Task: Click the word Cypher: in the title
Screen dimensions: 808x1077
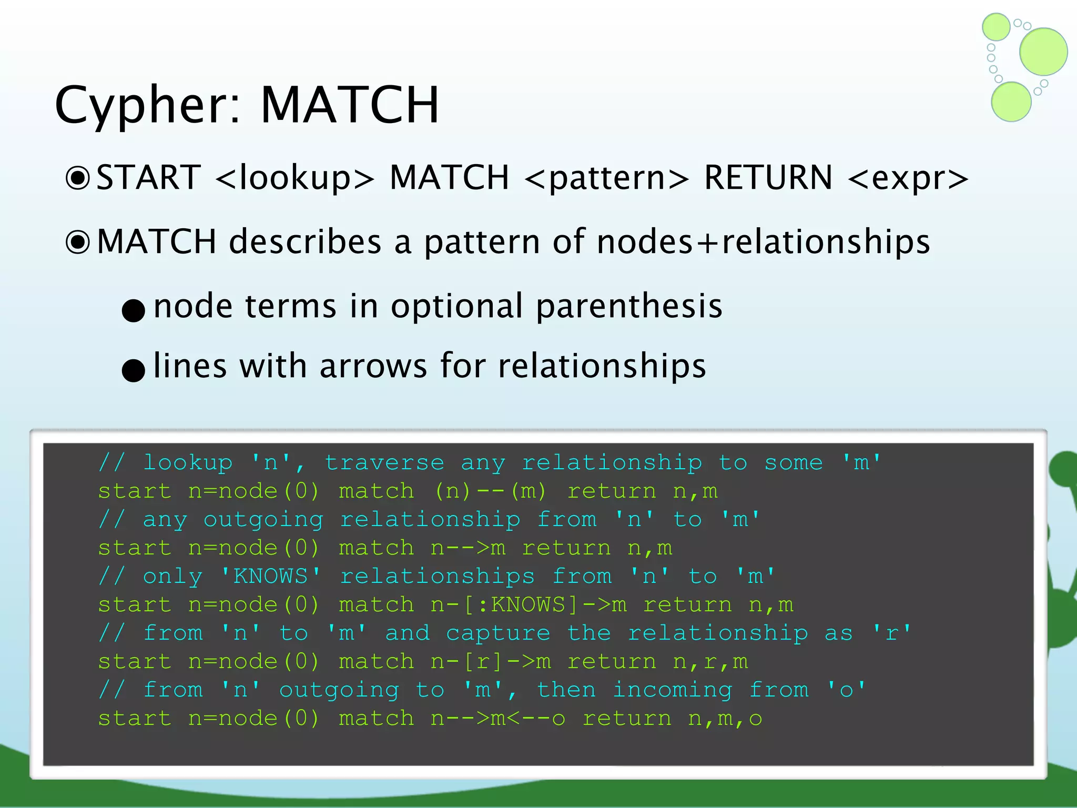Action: pyautogui.click(x=148, y=105)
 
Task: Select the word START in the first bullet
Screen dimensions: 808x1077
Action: pyautogui.click(x=149, y=177)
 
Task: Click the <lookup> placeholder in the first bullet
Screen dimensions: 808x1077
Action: pyautogui.click(x=295, y=178)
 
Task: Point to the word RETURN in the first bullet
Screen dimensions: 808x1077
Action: pyautogui.click(x=768, y=177)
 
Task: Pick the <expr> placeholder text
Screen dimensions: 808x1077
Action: pyautogui.click(x=908, y=178)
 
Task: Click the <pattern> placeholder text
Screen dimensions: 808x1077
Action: pyautogui.click(x=606, y=178)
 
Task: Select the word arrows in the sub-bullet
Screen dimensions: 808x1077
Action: pyautogui.click(x=373, y=366)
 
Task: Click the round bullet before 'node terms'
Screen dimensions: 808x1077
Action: pyautogui.click(x=133, y=310)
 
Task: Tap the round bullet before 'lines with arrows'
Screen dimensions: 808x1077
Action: pyautogui.click(x=133, y=370)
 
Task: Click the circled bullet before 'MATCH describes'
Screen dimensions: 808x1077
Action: pyautogui.click(x=78, y=243)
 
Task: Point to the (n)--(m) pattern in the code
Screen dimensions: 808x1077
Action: pyautogui.click(x=490, y=491)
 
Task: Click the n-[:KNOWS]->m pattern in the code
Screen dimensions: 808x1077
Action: pyautogui.click(x=529, y=605)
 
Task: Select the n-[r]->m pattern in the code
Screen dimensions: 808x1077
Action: pyautogui.click(x=491, y=662)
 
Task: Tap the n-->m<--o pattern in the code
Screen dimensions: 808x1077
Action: pyautogui.click(x=498, y=719)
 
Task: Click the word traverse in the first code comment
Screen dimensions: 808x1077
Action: pyautogui.click(x=384, y=463)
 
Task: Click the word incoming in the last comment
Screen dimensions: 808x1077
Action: pyautogui.click(x=673, y=690)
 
